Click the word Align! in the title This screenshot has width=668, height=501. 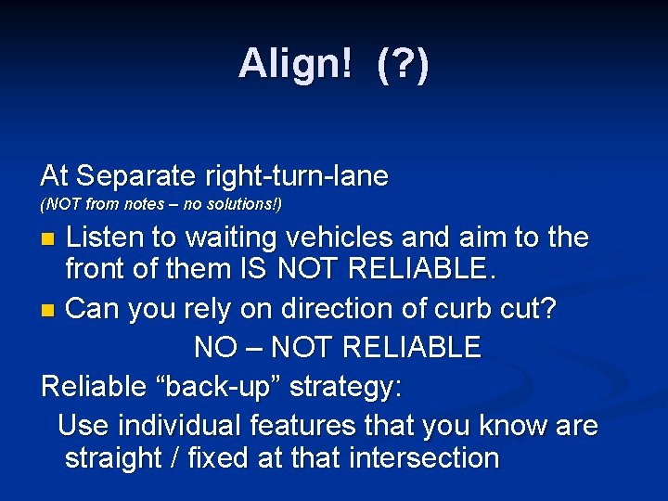click(294, 64)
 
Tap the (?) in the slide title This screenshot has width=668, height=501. click(403, 64)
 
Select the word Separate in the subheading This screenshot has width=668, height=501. click(135, 174)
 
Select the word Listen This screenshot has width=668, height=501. click(109, 238)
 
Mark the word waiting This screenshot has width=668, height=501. click(238, 238)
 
